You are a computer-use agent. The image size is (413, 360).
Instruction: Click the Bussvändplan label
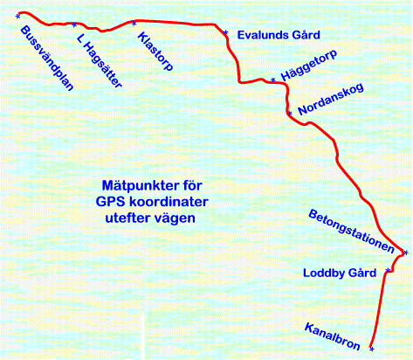click(47, 59)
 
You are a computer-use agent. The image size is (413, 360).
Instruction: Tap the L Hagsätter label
click(100, 61)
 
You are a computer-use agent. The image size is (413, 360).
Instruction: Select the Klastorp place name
click(155, 52)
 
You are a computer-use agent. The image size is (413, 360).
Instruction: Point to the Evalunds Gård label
click(279, 35)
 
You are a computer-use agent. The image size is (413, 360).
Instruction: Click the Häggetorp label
click(309, 65)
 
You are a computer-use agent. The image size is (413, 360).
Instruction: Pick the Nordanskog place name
click(331, 99)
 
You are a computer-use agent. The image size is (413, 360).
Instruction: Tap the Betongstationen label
click(352, 231)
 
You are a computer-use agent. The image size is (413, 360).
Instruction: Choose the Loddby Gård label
click(340, 273)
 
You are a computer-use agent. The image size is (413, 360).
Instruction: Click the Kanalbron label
click(333, 336)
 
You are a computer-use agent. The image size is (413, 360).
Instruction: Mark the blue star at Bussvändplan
click(17, 17)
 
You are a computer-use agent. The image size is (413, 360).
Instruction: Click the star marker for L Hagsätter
click(74, 25)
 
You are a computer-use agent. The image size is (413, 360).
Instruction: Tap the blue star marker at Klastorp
click(134, 24)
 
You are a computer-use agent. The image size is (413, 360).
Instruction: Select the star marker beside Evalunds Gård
click(226, 32)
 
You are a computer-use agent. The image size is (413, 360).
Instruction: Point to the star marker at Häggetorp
click(273, 80)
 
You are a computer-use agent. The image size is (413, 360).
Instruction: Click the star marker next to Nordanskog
click(290, 113)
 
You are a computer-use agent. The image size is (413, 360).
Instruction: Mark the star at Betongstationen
click(406, 253)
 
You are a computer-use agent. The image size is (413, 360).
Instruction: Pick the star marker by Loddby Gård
click(388, 271)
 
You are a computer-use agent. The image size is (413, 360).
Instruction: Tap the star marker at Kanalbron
click(372, 349)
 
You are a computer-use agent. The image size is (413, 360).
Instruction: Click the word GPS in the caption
click(110, 202)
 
